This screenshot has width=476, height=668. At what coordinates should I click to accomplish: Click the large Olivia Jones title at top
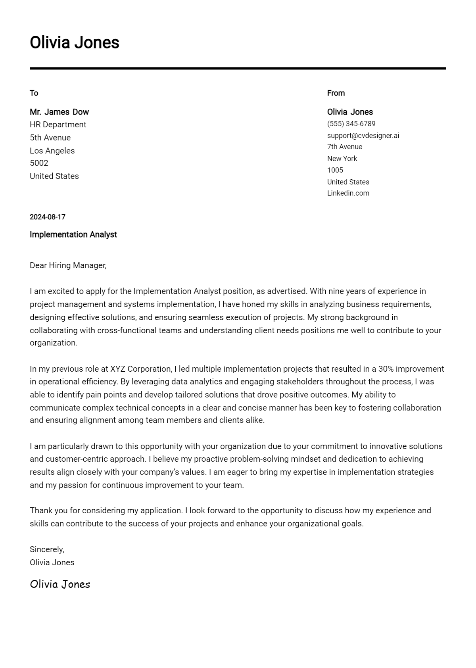tap(74, 42)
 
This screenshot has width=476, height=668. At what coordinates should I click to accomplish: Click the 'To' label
tap(34, 93)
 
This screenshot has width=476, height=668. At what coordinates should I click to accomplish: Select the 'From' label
tap(336, 93)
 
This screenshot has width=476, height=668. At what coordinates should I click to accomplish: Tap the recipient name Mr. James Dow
tap(59, 112)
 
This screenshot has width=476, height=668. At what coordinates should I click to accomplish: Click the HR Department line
tap(58, 125)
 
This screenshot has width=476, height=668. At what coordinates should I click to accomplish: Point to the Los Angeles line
tap(52, 151)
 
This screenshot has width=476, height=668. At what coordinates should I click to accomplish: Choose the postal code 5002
tap(39, 163)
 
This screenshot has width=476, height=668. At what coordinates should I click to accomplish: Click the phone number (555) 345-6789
tap(351, 124)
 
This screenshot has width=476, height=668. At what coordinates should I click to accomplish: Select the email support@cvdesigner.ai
tap(363, 136)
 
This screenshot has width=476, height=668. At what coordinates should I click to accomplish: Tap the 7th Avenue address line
tap(344, 147)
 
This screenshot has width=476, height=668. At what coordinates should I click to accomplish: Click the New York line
tap(342, 159)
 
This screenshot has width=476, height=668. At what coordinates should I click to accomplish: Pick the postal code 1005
tap(335, 170)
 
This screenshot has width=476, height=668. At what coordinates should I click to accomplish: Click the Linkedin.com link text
tap(348, 193)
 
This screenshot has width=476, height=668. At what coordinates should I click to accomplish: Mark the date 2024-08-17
tap(47, 217)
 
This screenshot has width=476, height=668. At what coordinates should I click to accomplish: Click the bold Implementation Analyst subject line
tap(73, 234)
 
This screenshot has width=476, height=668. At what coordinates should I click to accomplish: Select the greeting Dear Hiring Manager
tap(68, 265)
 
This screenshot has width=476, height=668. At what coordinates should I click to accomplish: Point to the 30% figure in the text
tap(386, 369)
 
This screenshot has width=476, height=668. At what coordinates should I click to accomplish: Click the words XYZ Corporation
tap(141, 369)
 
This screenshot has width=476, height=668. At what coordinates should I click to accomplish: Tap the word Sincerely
tap(47, 549)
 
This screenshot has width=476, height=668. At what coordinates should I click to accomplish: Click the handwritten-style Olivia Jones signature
tap(60, 584)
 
